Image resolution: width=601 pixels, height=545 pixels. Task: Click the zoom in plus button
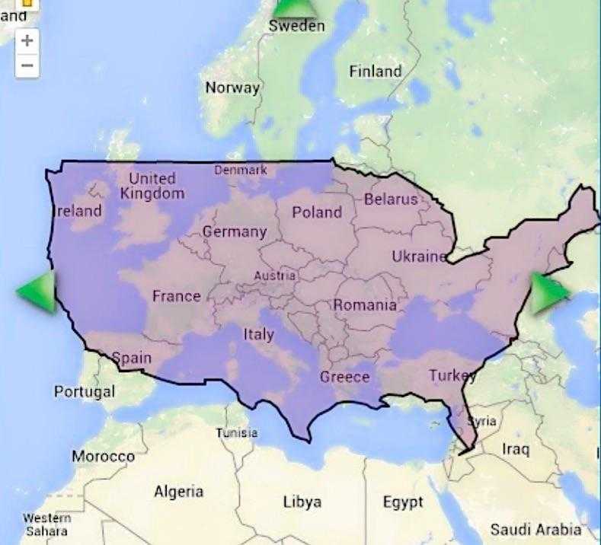27,40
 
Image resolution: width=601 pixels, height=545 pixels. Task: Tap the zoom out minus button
27,65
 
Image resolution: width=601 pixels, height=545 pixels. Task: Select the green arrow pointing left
38,291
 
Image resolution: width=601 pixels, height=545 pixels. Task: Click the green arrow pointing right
548,292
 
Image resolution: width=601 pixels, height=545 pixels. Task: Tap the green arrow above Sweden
294,8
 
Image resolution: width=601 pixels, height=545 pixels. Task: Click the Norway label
232,88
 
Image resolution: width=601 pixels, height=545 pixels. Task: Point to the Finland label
375,72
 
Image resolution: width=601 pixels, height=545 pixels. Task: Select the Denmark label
241,170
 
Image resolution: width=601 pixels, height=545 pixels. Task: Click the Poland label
317,212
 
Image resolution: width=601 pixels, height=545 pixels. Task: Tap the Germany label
235,231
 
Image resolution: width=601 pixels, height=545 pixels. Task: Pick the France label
176,296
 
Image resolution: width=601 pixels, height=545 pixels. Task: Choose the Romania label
365,305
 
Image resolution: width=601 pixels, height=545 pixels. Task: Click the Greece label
344,377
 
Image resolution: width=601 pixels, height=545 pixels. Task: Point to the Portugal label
85,392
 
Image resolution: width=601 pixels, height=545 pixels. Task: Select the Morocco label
103,457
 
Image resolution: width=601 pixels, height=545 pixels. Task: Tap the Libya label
302,502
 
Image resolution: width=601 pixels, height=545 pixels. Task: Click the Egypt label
403,503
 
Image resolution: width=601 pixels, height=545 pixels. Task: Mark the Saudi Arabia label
535,529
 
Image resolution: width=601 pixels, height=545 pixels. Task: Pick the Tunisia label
236,433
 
